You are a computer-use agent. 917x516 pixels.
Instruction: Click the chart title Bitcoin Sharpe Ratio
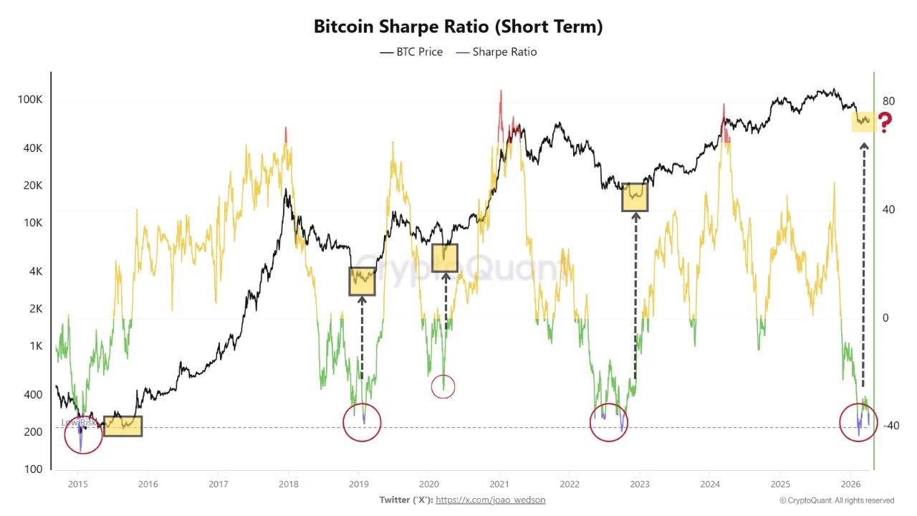pyautogui.click(x=458, y=27)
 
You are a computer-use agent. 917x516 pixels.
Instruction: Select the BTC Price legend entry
pyautogui.click(x=411, y=52)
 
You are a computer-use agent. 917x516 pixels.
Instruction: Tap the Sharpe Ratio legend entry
pyautogui.click(x=496, y=52)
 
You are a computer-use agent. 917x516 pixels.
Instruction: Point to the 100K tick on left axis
pyautogui.click(x=30, y=100)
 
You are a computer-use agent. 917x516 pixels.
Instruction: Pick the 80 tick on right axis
pyautogui.click(x=889, y=101)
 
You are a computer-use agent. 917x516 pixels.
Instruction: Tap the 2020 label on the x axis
pyautogui.click(x=428, y=484)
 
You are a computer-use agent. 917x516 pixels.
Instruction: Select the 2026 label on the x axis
pyautogui.click(x=850, y=484)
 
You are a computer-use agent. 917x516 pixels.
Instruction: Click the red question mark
pyautogui.click(x=885, y=123)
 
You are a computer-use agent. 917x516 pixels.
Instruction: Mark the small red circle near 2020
pyautogui.click(x=443, y=387)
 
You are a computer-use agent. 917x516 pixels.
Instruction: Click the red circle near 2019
pyautogui.click(x=362, y=423)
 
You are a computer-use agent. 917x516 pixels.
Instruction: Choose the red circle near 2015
pyautogui.click(x=83, y=434)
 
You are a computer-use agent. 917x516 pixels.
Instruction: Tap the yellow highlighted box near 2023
pyautogui.click(x=635, y=196)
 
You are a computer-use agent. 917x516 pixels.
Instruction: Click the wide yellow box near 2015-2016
pyautogui.click(x=123, y=426)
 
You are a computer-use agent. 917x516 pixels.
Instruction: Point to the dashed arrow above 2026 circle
pyautogui.click(x=864, y=265)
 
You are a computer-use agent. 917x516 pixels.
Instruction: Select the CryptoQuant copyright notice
pyautogui.click(x=836, y=500)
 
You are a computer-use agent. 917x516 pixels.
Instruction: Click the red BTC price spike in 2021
pyautogui.click(x=501, y=107)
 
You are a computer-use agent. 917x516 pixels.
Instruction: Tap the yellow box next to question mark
pyautogui.click(x=863, y=121)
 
